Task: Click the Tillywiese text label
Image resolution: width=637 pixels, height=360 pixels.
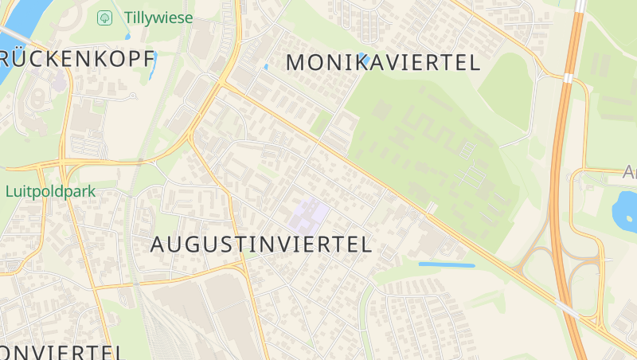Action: tap(158, 17)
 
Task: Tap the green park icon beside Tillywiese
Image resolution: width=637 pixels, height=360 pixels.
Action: tap(104, 17)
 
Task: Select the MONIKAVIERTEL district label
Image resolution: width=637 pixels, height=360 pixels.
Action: tap(382, 62)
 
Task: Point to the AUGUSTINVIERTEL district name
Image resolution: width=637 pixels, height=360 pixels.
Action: tap(261, 245)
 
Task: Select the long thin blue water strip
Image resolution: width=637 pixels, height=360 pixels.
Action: tap(446, 264)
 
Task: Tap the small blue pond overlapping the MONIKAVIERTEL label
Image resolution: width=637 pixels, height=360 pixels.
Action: tap(361, 57)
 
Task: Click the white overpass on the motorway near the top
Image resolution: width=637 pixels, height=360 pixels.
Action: tap(569, 78)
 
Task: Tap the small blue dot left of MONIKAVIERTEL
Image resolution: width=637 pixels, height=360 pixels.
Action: tap(266, 67)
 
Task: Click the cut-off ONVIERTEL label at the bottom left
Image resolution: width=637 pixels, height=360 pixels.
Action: tap(61, 351)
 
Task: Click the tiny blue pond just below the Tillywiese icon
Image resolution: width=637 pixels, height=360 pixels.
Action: tap(127, 35)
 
